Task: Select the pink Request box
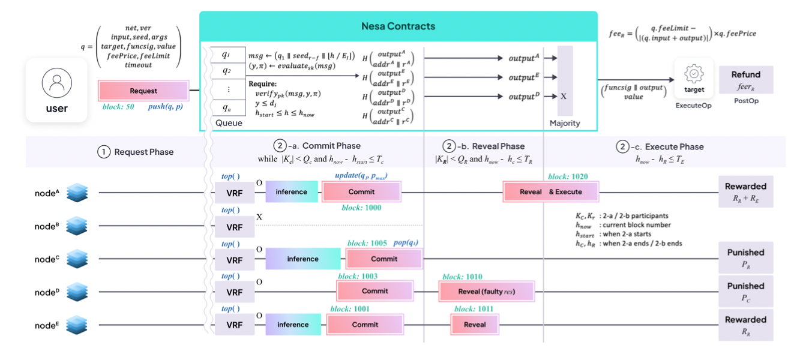pos(143,91)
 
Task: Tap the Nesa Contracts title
pos(398,26)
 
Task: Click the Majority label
pos(565,123)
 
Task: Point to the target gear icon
pos(694,73)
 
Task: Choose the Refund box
pos(746,80)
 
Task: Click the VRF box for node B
pos(234,227)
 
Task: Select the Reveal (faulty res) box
pos(486,292)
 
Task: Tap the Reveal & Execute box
pos(550,192)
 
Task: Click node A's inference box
pos(292,192)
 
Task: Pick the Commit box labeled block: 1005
pos(384,259)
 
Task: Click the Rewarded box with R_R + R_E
pos(745,191)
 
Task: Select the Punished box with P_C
pos(745,291)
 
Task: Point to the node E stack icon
pos(77,325)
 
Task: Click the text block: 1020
pos(568,177)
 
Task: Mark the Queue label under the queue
pos(229,123)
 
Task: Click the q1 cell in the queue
pos(226,55)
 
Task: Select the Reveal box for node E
pos(475,325)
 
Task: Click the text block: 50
pos(118,106)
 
